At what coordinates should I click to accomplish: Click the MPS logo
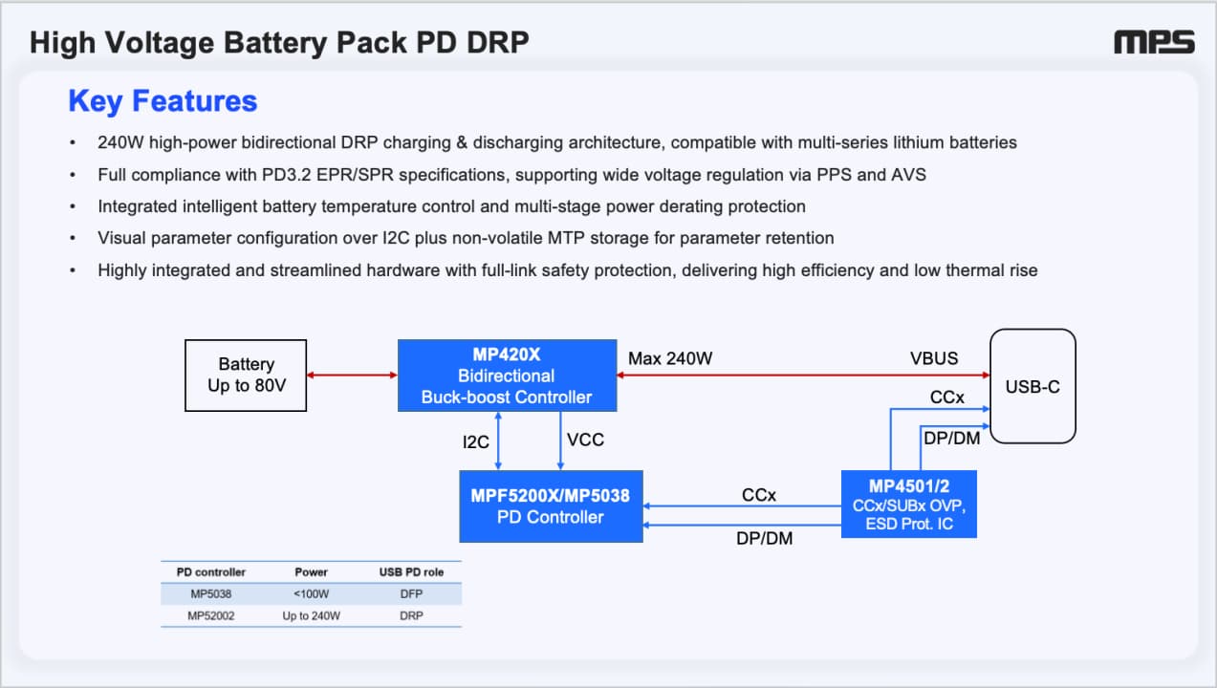[1154, 42]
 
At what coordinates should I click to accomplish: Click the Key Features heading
[163, 101]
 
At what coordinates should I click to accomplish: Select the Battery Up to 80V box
[246, 376]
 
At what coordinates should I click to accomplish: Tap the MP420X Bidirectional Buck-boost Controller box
[507, 376]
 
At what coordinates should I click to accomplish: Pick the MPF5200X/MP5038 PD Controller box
[551, 506]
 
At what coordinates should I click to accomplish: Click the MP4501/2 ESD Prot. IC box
[909, 504]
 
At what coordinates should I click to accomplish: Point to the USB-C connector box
[1032, 386]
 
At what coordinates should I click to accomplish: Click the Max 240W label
[670, 358]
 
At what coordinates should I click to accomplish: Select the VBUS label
[934, 358]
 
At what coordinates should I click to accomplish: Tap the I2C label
[476, 442]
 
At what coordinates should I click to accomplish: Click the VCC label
[585, 440]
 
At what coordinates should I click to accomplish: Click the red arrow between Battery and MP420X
[352, 376]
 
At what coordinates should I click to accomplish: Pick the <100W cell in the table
[312, 594]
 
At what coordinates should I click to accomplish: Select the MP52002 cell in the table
[211, 615]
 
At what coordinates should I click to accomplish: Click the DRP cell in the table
[411, 615]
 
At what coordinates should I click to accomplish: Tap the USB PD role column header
[411, 571]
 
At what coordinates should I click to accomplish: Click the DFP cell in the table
[411, 594]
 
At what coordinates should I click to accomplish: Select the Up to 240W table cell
[312, 615]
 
